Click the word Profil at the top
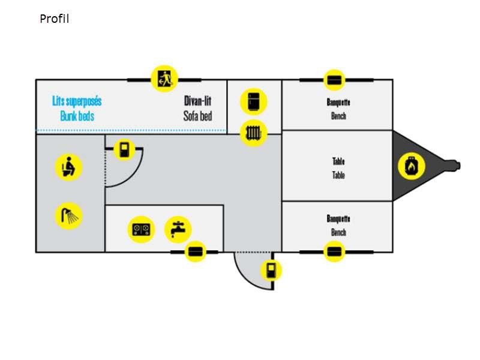[x=55, y=19]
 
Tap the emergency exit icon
[x=163, y=79]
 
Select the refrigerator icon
[x=253, y=101]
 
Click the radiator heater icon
[x=253, y=133]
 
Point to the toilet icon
[x=68, y=167]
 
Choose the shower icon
[x=68, y=216]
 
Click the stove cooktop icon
[x=142, y=229]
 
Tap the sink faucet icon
[x=178, y=229]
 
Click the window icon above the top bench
[x=335, y=80]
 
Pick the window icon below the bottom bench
[x=335, y=251]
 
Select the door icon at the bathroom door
[x=124, y=149]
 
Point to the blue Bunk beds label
[x=77, y=116]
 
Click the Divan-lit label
[x=198, y=101]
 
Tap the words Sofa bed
[x=198, y=116]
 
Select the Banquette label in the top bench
[x=338, y=102]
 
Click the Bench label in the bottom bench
[x=338, y=232]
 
